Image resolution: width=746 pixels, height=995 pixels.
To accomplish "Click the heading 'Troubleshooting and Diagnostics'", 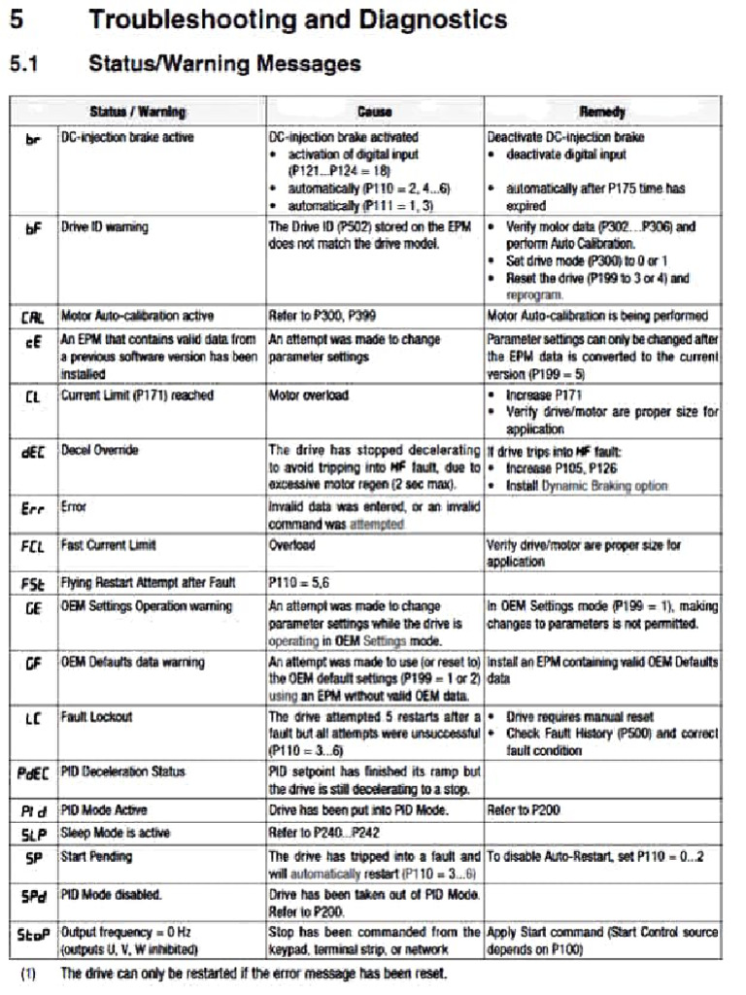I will coord(297,18).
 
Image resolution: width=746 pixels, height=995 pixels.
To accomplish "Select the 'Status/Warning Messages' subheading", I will coord(224,64).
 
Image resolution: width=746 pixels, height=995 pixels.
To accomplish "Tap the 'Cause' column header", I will coord(374,112).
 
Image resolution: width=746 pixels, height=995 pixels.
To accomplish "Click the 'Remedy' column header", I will coord(602,112).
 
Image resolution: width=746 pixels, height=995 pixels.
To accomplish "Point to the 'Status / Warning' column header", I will coord(137,112).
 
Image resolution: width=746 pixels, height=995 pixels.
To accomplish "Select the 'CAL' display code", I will coord(32,317).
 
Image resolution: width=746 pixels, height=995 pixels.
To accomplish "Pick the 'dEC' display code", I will coord(32,452).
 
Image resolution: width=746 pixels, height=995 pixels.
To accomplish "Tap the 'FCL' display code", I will coord(32,546).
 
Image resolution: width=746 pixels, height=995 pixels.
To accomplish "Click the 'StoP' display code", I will coord(32,934).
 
